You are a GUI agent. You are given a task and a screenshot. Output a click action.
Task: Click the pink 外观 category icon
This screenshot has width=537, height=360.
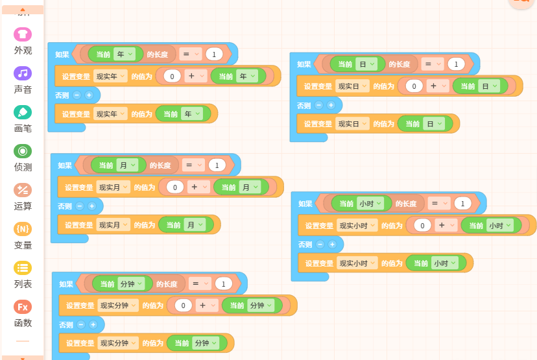23,34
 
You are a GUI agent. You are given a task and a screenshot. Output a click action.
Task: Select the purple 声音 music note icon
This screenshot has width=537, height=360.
23,73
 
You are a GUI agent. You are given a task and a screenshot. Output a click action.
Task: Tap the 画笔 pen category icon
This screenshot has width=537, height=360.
23,112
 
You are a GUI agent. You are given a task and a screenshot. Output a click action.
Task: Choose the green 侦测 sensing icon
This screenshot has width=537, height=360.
23,151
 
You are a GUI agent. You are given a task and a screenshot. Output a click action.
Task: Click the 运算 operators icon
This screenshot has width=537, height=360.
23,190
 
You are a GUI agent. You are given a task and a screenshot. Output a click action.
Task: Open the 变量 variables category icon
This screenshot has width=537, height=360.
23,229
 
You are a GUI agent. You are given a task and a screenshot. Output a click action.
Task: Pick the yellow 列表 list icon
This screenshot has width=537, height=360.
23,268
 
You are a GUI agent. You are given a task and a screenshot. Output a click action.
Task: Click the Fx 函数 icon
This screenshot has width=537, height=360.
23,307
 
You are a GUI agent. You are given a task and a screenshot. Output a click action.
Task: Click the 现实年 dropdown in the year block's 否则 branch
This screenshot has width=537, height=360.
110,114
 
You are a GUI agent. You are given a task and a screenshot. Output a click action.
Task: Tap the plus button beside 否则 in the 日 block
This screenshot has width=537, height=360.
331,105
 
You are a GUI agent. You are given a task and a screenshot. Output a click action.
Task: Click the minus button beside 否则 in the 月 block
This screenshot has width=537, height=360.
80,206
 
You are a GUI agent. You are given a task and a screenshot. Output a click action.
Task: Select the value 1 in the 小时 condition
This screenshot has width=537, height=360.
462,204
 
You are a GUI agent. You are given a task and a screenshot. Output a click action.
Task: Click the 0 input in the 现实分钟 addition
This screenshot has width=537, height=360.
184,306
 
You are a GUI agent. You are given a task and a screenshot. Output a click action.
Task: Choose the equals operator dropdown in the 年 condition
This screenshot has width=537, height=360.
191,54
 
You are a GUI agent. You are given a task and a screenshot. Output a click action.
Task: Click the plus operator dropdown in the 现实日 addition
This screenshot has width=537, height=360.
438,86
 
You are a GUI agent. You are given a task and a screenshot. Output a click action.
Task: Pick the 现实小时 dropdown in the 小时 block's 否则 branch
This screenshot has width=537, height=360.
357,263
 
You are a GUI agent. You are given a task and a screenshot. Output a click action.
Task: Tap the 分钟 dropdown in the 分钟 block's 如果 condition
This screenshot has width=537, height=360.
131,284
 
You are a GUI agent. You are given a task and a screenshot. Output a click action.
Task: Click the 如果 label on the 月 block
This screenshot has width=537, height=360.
65,165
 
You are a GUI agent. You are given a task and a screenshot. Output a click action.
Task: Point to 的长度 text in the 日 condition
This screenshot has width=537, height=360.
400,64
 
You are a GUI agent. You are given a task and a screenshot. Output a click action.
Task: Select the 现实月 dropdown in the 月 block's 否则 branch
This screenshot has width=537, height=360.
113,224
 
